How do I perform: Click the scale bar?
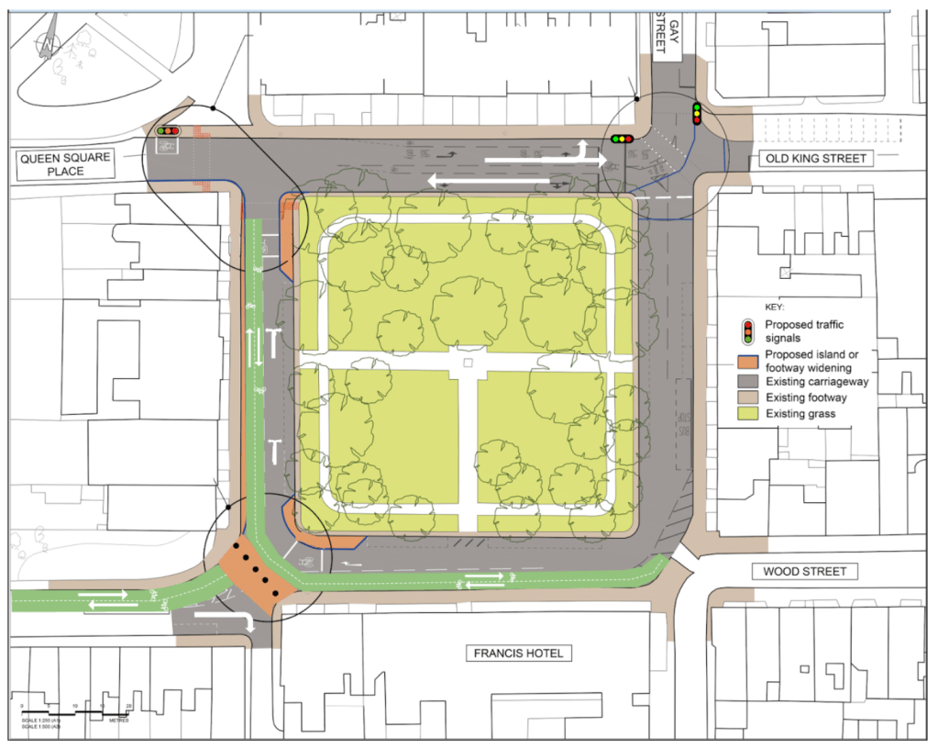coord(69,711)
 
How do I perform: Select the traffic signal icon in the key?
coord(749,330)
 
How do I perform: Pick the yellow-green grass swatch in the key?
coord(749,414)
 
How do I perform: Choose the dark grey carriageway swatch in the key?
coord(749,380)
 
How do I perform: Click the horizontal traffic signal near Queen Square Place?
coord(168,131)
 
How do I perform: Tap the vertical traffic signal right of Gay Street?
coord(697,114)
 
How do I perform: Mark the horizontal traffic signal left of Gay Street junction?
coord(623,139)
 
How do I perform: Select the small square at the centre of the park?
coord(468,363)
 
